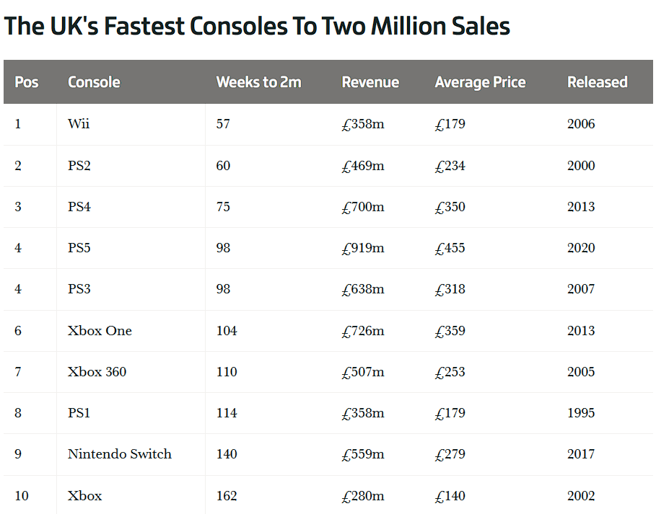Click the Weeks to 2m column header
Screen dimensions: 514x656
pyautogui.click(x=258, y=82)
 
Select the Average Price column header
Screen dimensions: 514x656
pyautogui.click(x=480, y=82)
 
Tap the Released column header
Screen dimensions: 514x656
pyautogui.click(x=597, y=82)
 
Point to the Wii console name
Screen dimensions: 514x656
pyautogui.click(x=79, y=124)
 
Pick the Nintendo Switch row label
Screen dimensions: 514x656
pyautogui.click(x=120, y=454)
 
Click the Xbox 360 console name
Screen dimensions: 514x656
pyautogui.click(x=97, y=372)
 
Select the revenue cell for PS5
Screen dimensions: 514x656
pyautogui.click(x=363, y=248)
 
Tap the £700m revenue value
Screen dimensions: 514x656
pyautogui.click(x=363, y=207)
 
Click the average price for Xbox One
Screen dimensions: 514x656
pyautogui.click(x=450, y=331)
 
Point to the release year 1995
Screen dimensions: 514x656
pyautogui.click(x=581, y=413)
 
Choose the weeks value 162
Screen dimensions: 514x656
pyautogui.click(x=227, y=496)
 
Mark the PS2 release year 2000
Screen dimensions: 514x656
pyautogui.click(x=581, y=166)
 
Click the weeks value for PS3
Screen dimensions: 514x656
pyautogui.click(x=223, y=289)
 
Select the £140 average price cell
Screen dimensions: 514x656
pyautogui.click(x=450, y=496)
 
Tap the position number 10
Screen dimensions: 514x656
pyautogui.click(x=22, y=496)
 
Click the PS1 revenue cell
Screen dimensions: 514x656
pyautogui.click(x=363, y=413)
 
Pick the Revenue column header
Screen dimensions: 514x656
pyautogui.click(x=370, y=82)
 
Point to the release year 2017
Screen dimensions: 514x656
pyautogui.click(x=581, y=454)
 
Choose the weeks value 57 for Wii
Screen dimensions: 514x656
pyautogui.click(x=223, y=124)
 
